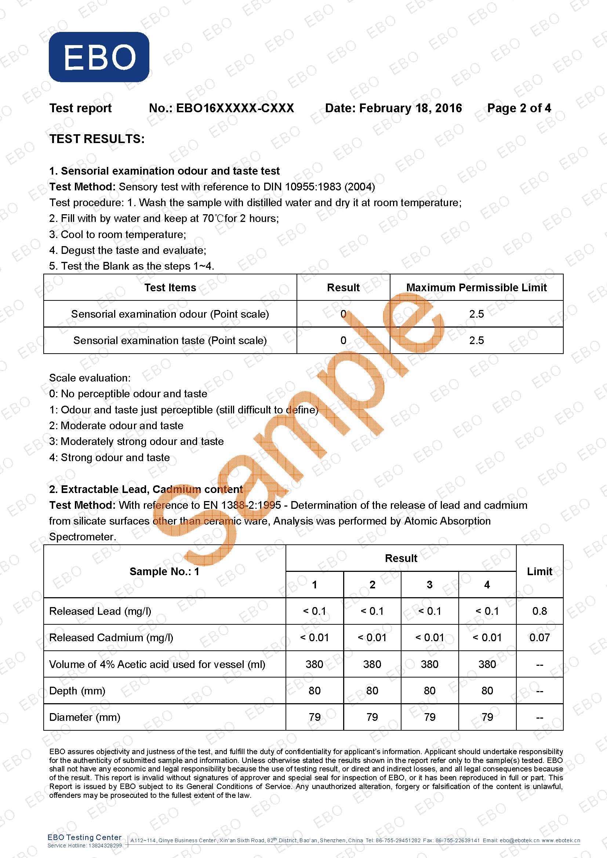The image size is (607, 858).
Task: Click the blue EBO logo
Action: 99,57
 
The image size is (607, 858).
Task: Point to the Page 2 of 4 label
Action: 519,108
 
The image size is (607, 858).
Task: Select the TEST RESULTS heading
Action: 97,139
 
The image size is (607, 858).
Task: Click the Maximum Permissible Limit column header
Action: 476,287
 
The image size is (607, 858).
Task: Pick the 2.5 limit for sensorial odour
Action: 476,314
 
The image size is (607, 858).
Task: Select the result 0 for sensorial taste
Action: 343,340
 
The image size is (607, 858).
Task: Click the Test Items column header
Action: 170,287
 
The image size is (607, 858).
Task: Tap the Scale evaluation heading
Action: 90,378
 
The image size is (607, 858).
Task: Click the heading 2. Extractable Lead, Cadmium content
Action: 146,489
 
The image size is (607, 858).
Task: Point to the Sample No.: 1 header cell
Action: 164,572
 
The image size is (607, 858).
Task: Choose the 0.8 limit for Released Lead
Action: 539,611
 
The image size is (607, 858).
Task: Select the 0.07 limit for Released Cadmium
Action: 539,638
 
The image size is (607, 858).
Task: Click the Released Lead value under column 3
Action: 429,611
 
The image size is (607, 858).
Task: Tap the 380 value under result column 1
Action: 315,664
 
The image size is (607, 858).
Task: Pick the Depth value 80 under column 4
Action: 487,691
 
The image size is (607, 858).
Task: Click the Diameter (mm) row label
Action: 85,717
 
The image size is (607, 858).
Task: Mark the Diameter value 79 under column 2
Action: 372,717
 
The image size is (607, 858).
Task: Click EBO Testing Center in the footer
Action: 84,837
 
